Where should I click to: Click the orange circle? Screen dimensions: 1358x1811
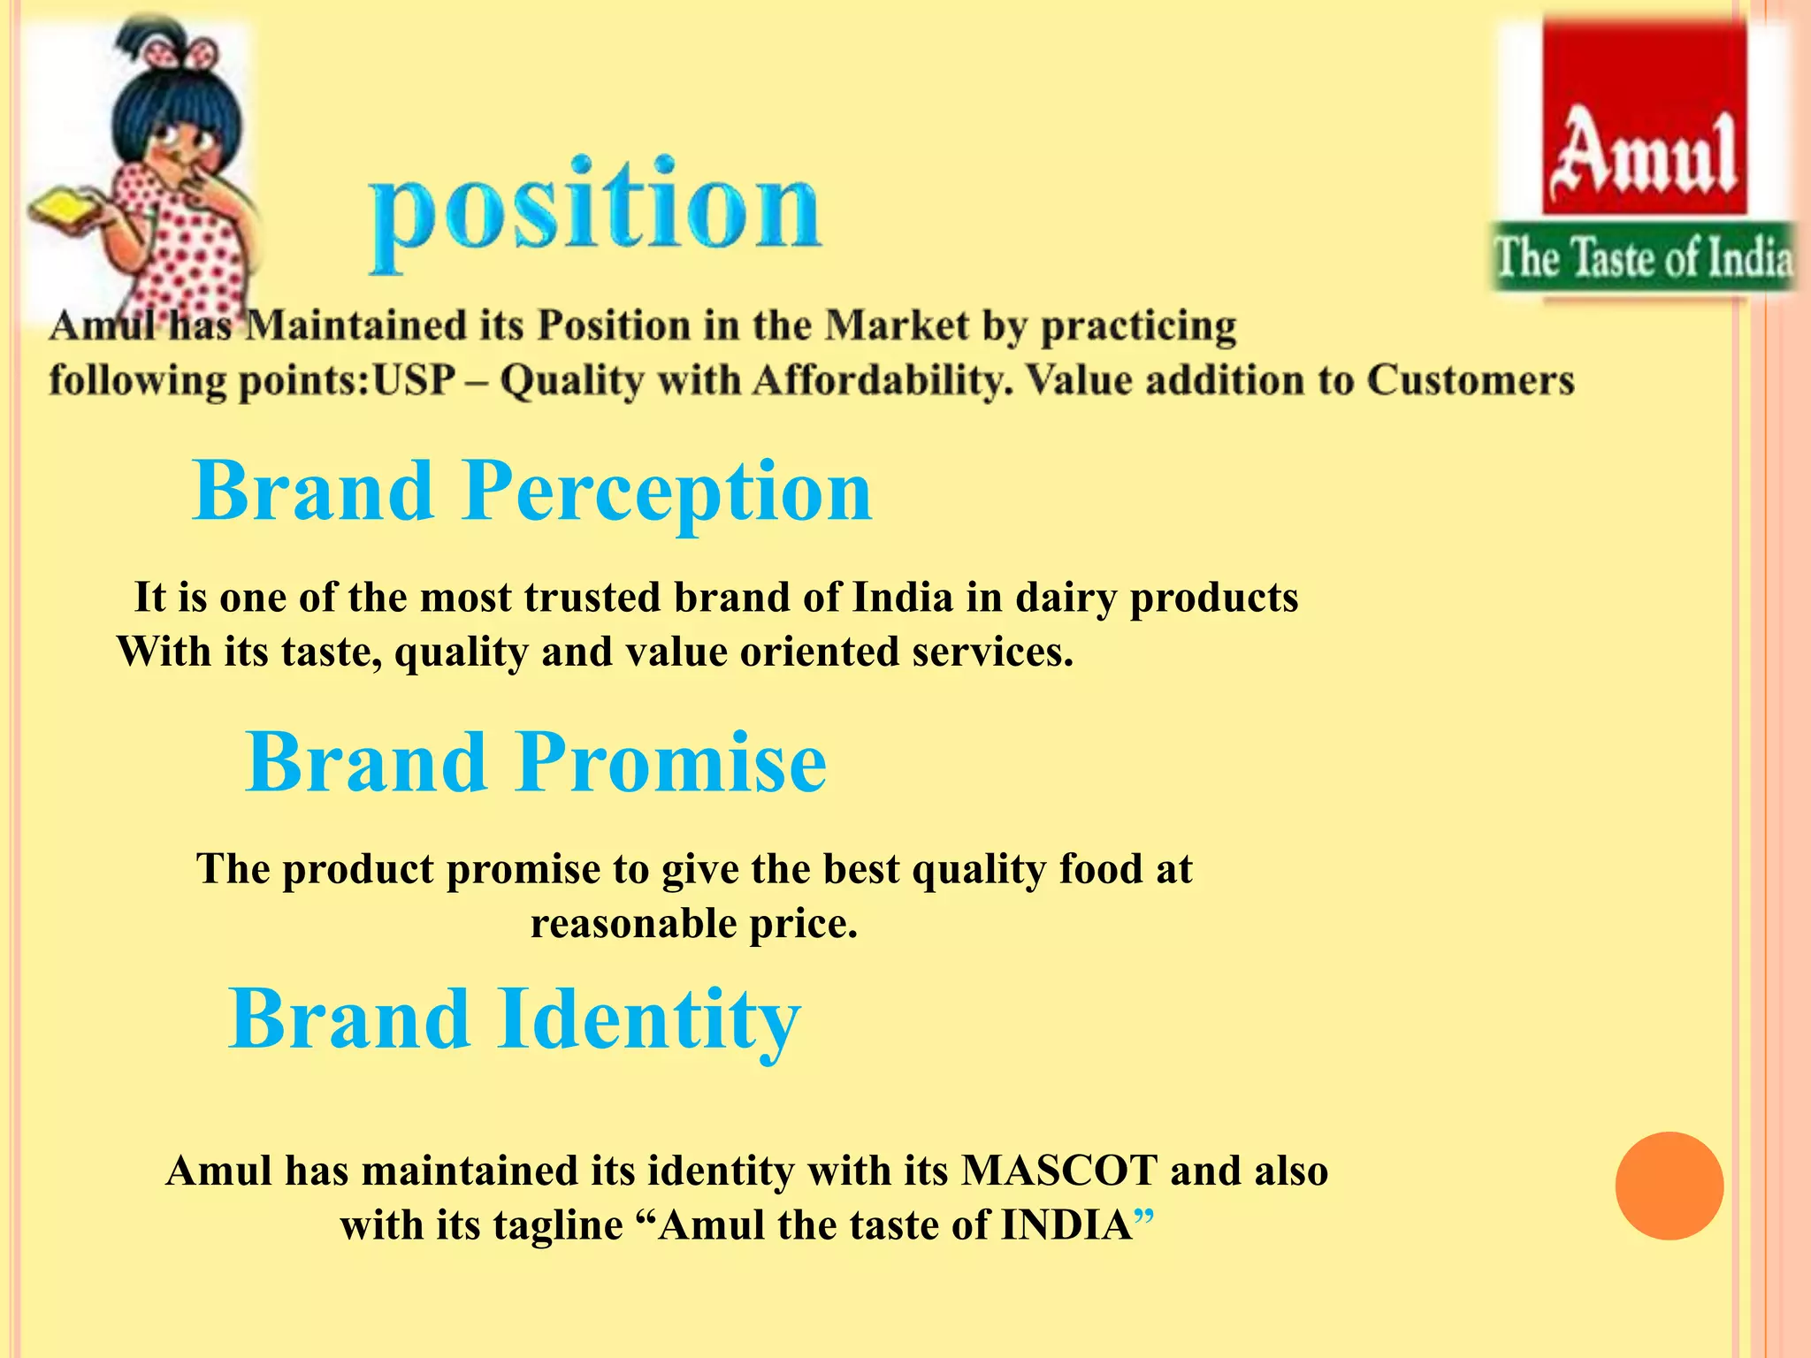point(1669,1186)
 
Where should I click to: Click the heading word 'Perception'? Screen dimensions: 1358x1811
point(667,492)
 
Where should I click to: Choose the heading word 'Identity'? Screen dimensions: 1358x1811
point(649,1019)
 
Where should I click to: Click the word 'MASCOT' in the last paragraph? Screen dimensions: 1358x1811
point(1058,1171)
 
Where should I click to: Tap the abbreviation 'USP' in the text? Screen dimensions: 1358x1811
point(414,381)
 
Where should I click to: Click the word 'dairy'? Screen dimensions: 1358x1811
point(1065,598)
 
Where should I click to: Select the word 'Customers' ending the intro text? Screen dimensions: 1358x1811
point(1470,381)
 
